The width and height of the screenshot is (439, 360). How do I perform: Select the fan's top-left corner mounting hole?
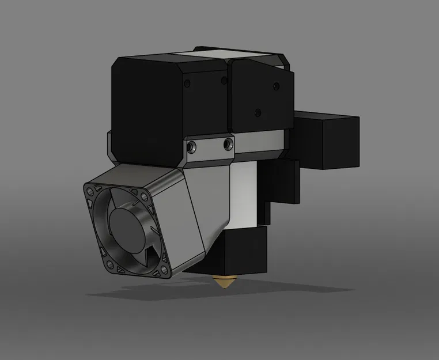point(90,192)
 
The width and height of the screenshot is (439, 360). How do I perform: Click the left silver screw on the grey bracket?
point(192,146)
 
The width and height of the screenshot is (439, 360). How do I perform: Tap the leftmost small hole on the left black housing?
point(187,85)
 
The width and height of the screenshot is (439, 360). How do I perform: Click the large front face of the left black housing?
point(147,109)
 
